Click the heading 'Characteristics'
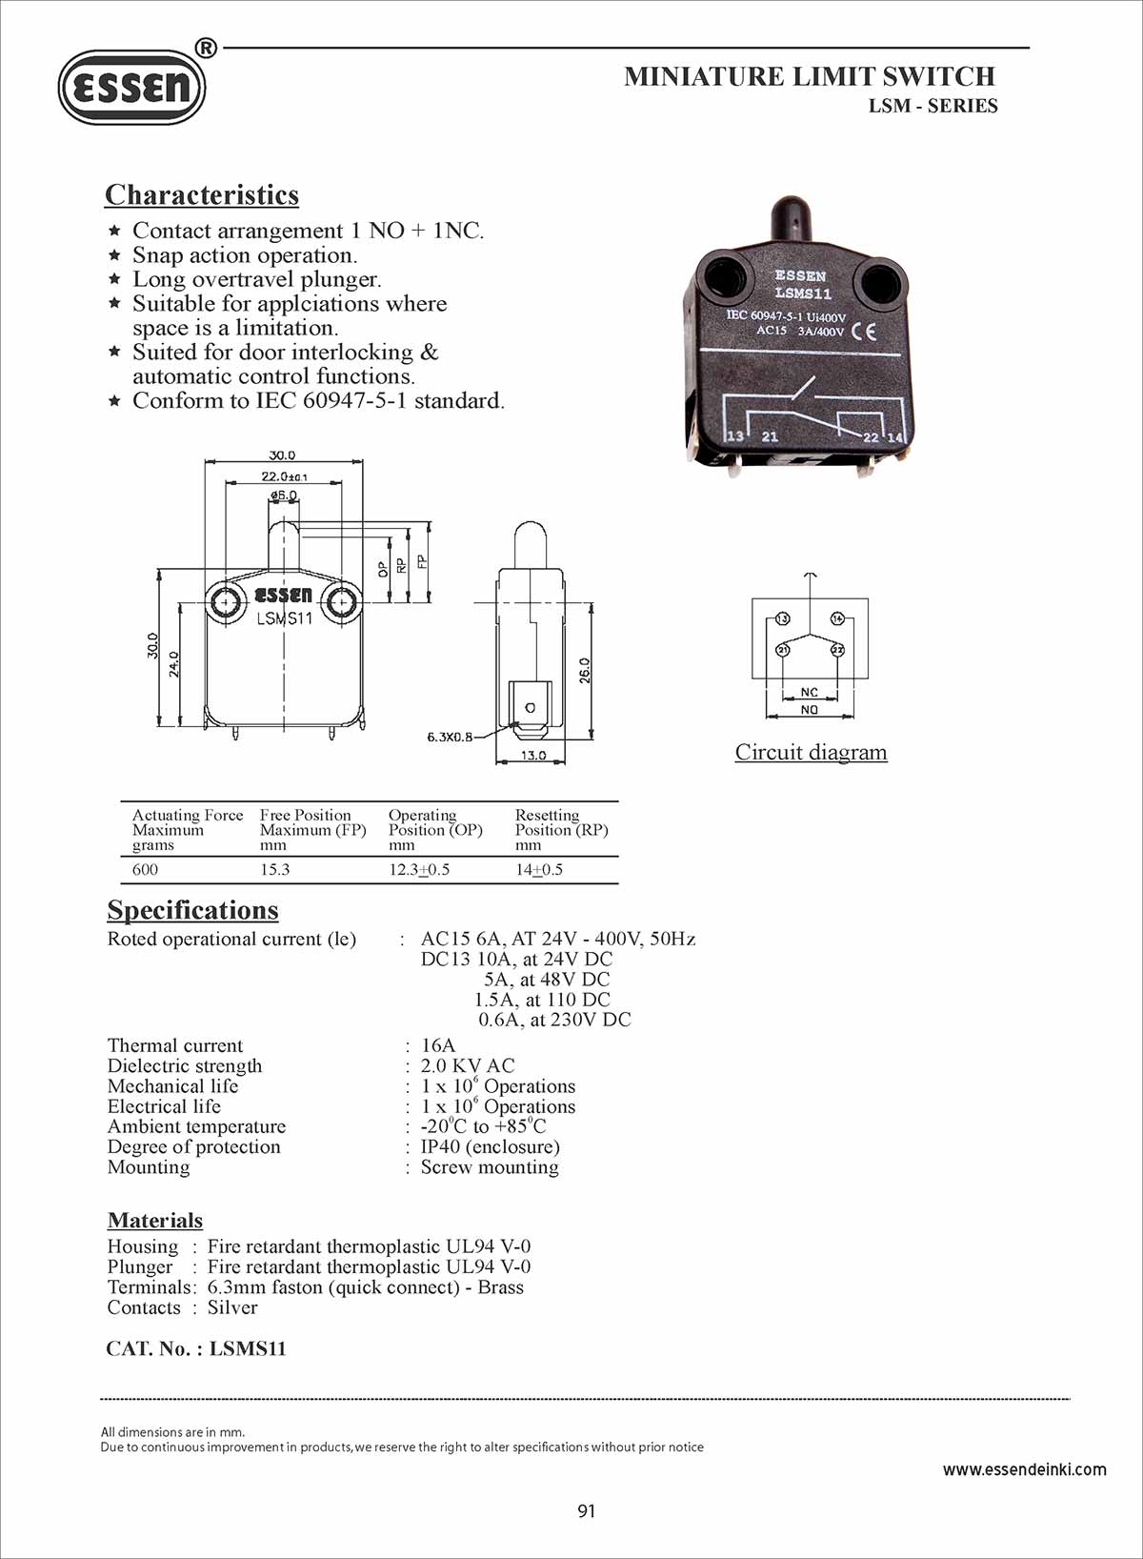coord(202,194)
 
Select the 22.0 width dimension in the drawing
coord(283,476)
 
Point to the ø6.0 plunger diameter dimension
coord(284,496)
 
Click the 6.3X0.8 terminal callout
coord(450,737)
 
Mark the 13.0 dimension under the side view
coord(532,756)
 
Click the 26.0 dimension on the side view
coord(585,670)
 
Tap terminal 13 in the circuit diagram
coord(782,618)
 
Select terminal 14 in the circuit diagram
coord(837,618)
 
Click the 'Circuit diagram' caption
coord(811,752)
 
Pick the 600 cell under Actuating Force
coord(146,869)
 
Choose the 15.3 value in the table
coord(275,869)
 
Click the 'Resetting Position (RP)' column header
coord(561,829)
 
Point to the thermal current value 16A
coord(438,1045)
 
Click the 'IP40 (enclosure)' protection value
coord(490,1146)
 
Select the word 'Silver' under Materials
coord(232,1307)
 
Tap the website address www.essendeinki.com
coord(1024,1469)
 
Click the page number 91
coord(587,1510)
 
